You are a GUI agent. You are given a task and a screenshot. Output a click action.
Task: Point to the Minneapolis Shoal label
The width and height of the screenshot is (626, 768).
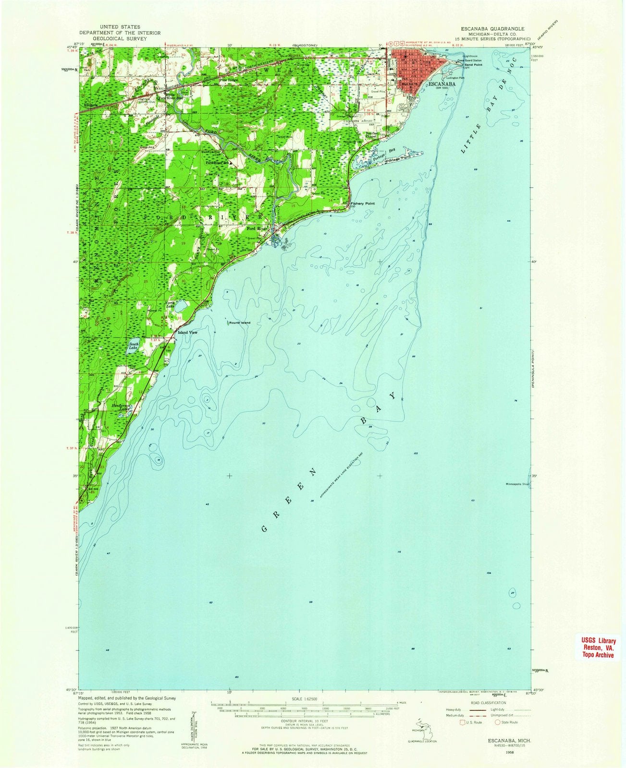517,484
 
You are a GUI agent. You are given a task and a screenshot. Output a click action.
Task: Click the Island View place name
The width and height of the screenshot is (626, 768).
188,332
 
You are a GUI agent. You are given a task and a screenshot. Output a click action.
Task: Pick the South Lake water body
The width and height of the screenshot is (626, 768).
133,348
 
